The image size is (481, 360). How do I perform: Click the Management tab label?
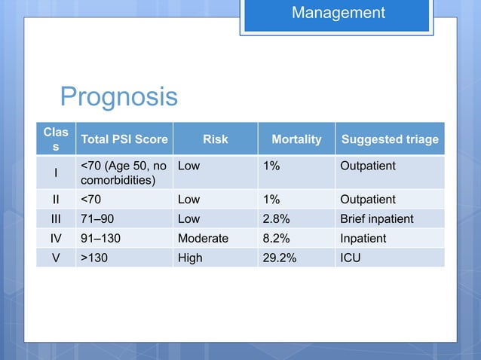pos(338,13)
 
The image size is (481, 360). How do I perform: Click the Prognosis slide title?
pos(118,96)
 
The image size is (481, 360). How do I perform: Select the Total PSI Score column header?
pos(125,139)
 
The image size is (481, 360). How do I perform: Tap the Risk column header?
pos(215,139)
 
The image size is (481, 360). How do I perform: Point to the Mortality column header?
pos(296,139)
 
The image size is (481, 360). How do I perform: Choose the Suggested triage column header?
pos(390,139)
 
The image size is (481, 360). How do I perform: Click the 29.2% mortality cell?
pos(280,258)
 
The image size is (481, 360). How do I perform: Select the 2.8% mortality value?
pos(277,219)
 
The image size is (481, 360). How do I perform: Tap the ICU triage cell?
pos(351,258)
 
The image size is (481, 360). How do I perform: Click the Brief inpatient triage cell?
pos(377,219)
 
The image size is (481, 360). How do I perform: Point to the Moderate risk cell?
pos(203,239)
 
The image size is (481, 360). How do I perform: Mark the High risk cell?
pos(190,258)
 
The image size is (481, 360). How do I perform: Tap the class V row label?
pos(55,258)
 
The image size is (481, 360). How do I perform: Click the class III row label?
pos(55,219)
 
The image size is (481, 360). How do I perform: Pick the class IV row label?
pos(55,239)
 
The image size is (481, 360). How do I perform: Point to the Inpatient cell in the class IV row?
pos(363,239)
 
